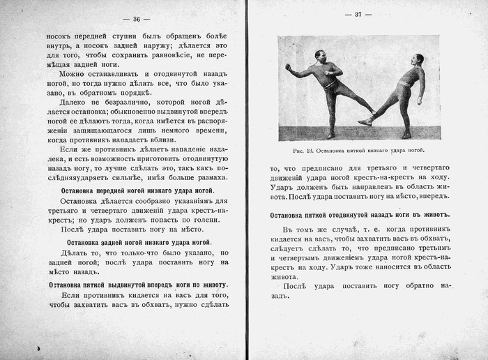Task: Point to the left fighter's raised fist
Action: [287, 68]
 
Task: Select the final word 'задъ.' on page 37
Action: [278, 297]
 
